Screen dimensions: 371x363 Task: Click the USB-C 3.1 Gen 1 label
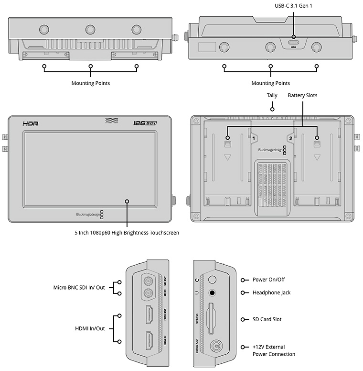point(293,6)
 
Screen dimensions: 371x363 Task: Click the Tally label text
point(272,96)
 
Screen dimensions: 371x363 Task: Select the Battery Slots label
point(302,96)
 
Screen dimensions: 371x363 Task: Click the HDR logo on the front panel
point(30,124)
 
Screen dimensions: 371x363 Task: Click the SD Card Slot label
point(268,319)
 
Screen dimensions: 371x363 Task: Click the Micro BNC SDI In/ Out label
point(79,288)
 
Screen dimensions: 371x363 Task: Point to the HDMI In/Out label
point(89,328)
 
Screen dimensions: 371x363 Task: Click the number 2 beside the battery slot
point(290,138)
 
